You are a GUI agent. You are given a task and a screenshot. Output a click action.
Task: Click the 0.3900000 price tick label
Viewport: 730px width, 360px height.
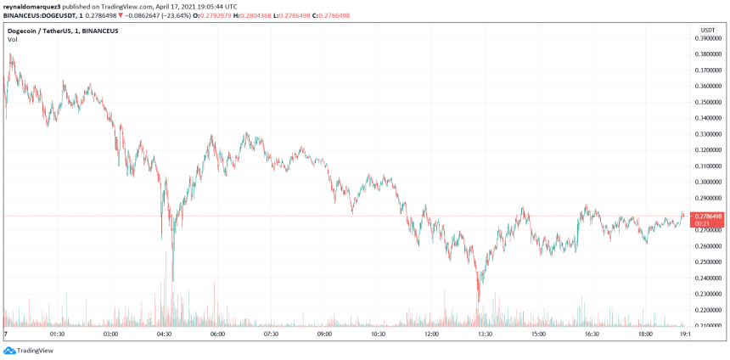click(x=709, y=38)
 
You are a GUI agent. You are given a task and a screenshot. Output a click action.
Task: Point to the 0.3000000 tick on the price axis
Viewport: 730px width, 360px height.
click(x=709, y=182)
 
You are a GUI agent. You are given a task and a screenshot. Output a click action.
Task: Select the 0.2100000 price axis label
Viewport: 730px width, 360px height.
click(x=709, y=326)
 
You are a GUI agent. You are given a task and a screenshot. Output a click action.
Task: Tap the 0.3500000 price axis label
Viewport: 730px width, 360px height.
click(x=709, y=102)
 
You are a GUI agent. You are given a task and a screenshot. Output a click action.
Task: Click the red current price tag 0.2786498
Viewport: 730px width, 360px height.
click(x=709, y=217)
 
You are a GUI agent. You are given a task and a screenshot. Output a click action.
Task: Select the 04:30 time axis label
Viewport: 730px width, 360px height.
click(x=164, y=335)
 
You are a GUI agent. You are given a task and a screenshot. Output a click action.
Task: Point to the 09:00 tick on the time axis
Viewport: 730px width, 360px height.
click(x=324, y=335)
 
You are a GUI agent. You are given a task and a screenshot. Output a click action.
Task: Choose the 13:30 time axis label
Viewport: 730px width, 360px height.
click(x=485, y=335)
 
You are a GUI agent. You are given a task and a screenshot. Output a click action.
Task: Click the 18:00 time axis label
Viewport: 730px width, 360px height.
click(x=645, y=335)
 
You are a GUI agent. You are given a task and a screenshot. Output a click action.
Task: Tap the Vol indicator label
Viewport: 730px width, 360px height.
click(x=13, y=40)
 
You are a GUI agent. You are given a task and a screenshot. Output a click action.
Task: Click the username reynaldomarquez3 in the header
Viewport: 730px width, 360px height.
click(x=34, y=5)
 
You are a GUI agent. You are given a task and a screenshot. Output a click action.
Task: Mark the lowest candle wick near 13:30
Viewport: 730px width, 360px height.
click(x=479, y=301)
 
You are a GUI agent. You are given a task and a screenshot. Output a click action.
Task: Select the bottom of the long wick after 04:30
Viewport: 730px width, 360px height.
click(x=172, y=281)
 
